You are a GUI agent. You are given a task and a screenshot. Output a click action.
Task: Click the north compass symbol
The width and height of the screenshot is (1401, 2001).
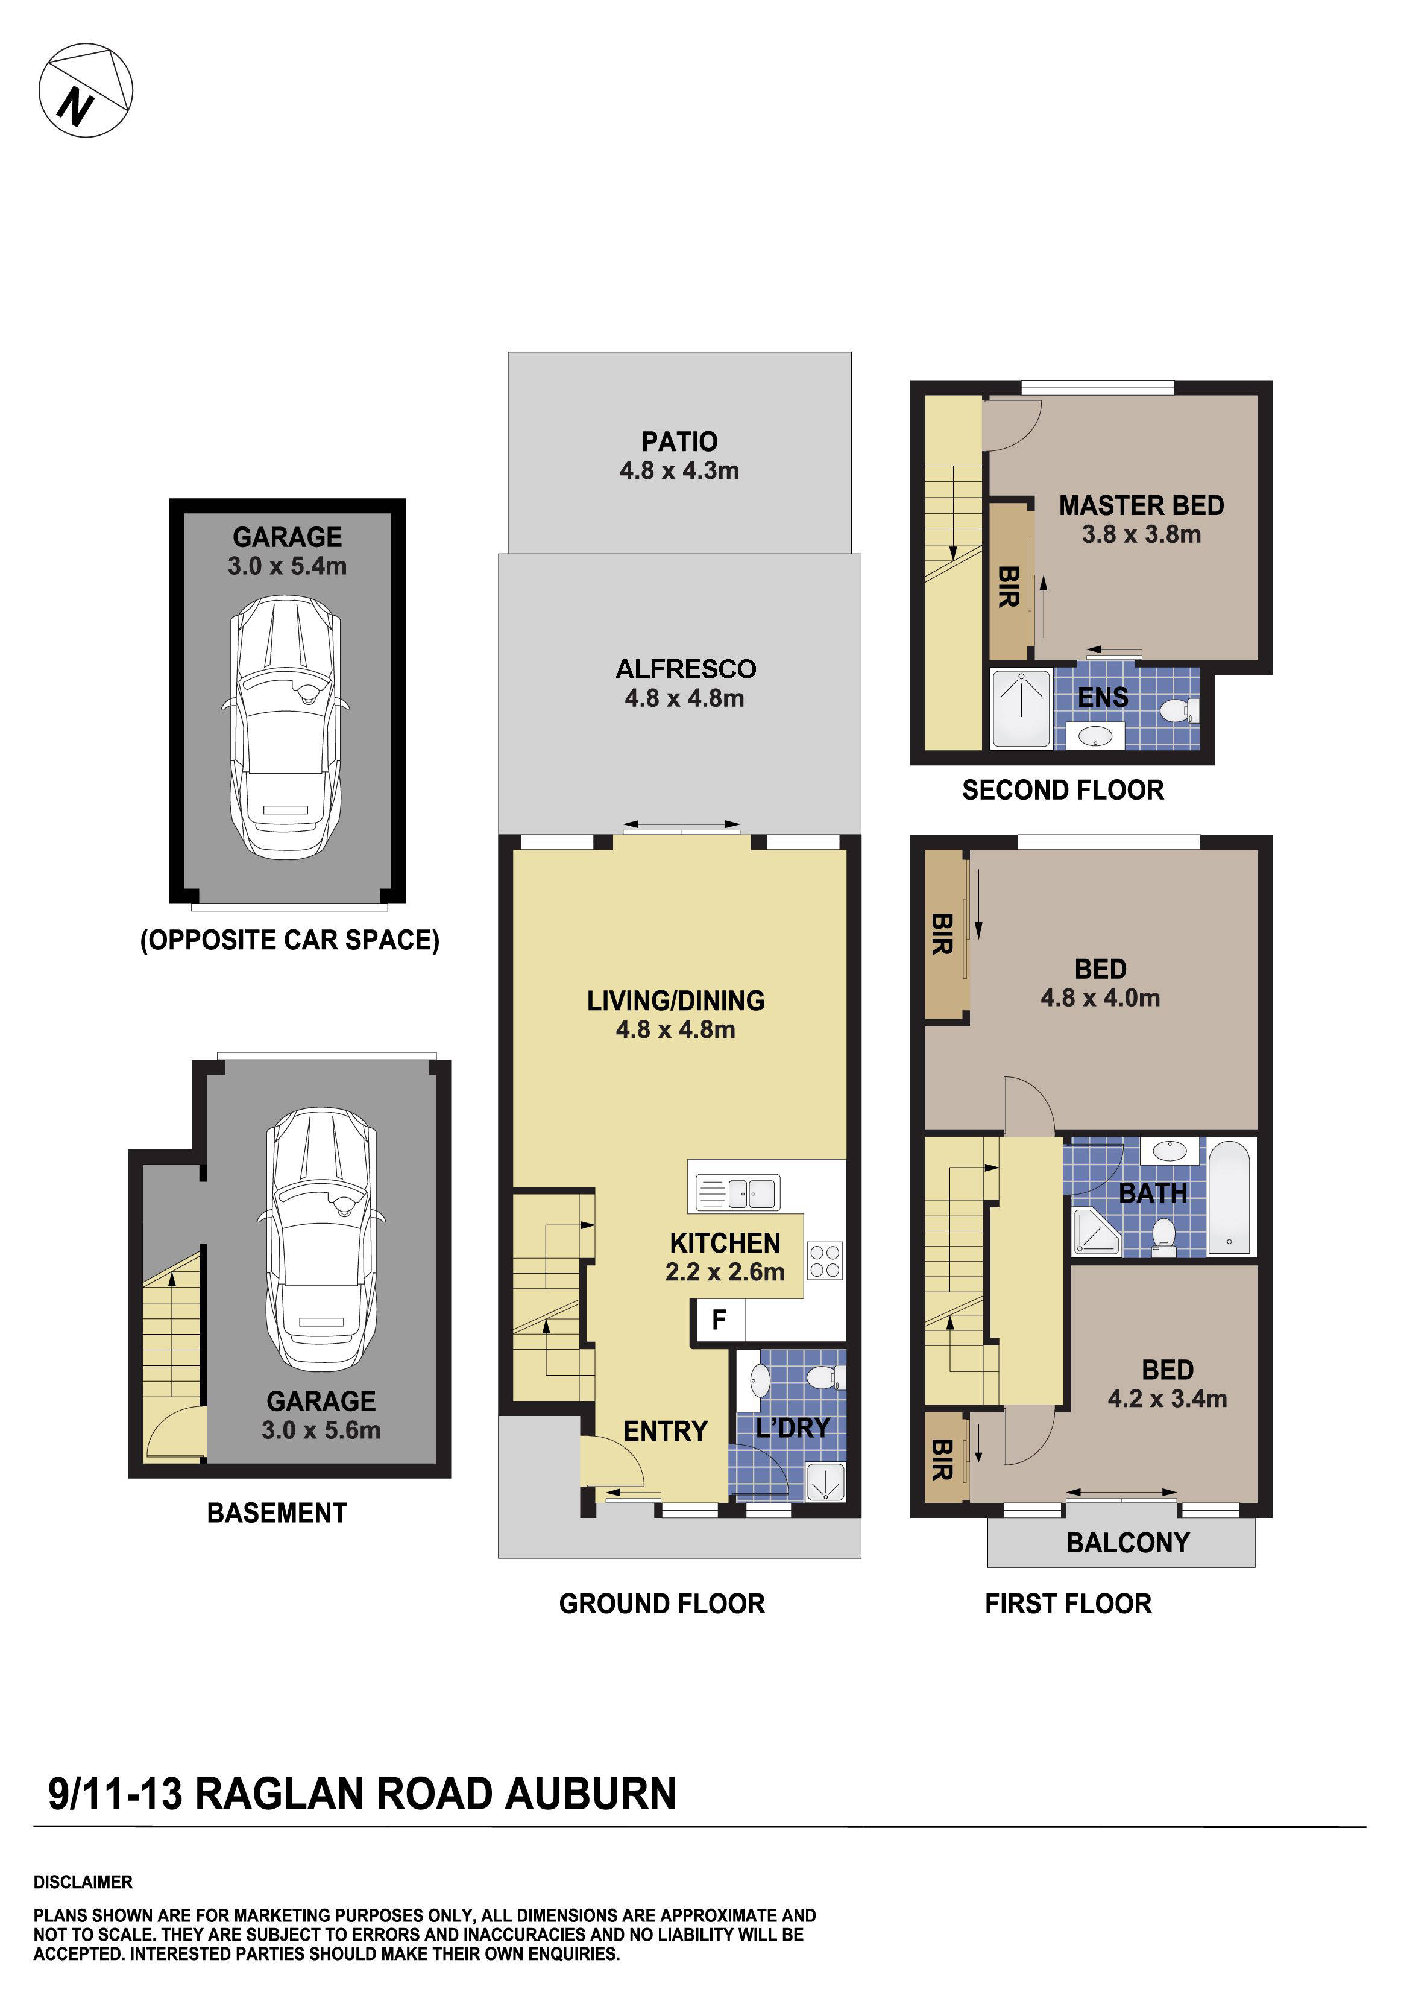(86, 90)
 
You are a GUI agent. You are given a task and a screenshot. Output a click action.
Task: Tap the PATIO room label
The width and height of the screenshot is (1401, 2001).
(679, 442)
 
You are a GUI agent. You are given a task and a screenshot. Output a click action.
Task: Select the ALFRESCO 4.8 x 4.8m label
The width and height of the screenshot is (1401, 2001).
(685, 683)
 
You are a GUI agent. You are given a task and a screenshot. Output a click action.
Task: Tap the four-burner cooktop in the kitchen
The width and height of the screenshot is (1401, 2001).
(824, 1260)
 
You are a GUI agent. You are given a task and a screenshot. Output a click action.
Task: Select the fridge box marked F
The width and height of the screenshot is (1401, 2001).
(719, 1320)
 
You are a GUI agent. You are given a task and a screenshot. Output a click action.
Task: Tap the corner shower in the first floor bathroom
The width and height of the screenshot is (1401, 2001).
(1095, 1231)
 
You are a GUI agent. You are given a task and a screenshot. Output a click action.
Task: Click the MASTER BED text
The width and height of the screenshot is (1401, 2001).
(1141, 505)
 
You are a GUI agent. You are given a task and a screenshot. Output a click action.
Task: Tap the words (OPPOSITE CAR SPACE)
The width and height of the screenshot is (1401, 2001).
(289, 940)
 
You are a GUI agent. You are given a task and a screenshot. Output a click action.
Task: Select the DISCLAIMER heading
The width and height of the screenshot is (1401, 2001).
(83, 1882)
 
